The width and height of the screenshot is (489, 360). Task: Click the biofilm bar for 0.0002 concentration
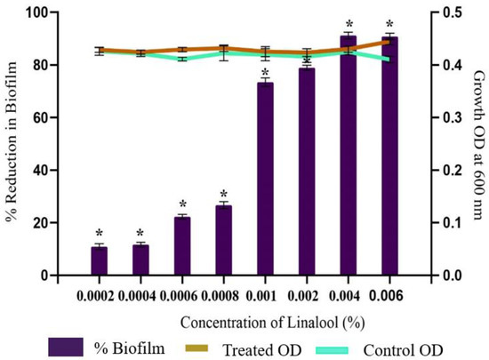(99, 261)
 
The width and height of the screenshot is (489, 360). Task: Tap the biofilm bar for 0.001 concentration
(264, 179)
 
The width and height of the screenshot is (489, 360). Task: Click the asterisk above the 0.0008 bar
(223, 194)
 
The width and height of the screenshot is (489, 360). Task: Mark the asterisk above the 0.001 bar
(264, 72)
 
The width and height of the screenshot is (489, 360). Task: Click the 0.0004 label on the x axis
(140, 290)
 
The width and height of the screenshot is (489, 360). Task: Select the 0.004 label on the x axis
(348, 290)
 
